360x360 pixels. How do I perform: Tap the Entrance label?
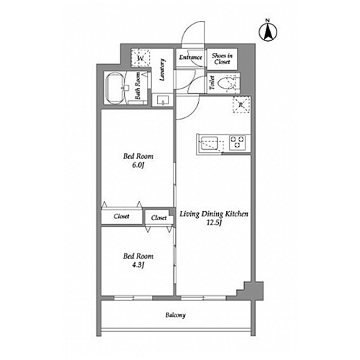click(191, 58)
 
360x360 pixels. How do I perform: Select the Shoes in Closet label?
click(222, 58)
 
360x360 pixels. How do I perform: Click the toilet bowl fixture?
click(228, 83)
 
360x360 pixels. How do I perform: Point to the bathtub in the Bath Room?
click(115, 89)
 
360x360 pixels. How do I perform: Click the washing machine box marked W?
click(140, 58)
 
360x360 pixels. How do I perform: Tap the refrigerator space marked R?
click(241, 104)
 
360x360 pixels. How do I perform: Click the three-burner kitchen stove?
click(237, 143)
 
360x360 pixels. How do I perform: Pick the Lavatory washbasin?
click(163, 100)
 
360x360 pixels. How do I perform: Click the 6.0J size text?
click(138, 165)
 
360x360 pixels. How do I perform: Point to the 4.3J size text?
click(138, 265)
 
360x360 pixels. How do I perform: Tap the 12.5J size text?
click(214, 222)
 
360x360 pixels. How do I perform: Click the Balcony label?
click(176, 315)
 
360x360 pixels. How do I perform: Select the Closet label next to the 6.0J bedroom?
click(122, 216)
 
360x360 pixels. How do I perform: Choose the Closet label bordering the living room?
click(159, 217)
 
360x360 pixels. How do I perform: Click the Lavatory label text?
click(163, 70)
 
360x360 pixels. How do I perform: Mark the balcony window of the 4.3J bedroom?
click(133, 298)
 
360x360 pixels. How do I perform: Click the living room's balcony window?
click(203, 298)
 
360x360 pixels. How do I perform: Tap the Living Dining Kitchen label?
click(214, 214)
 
